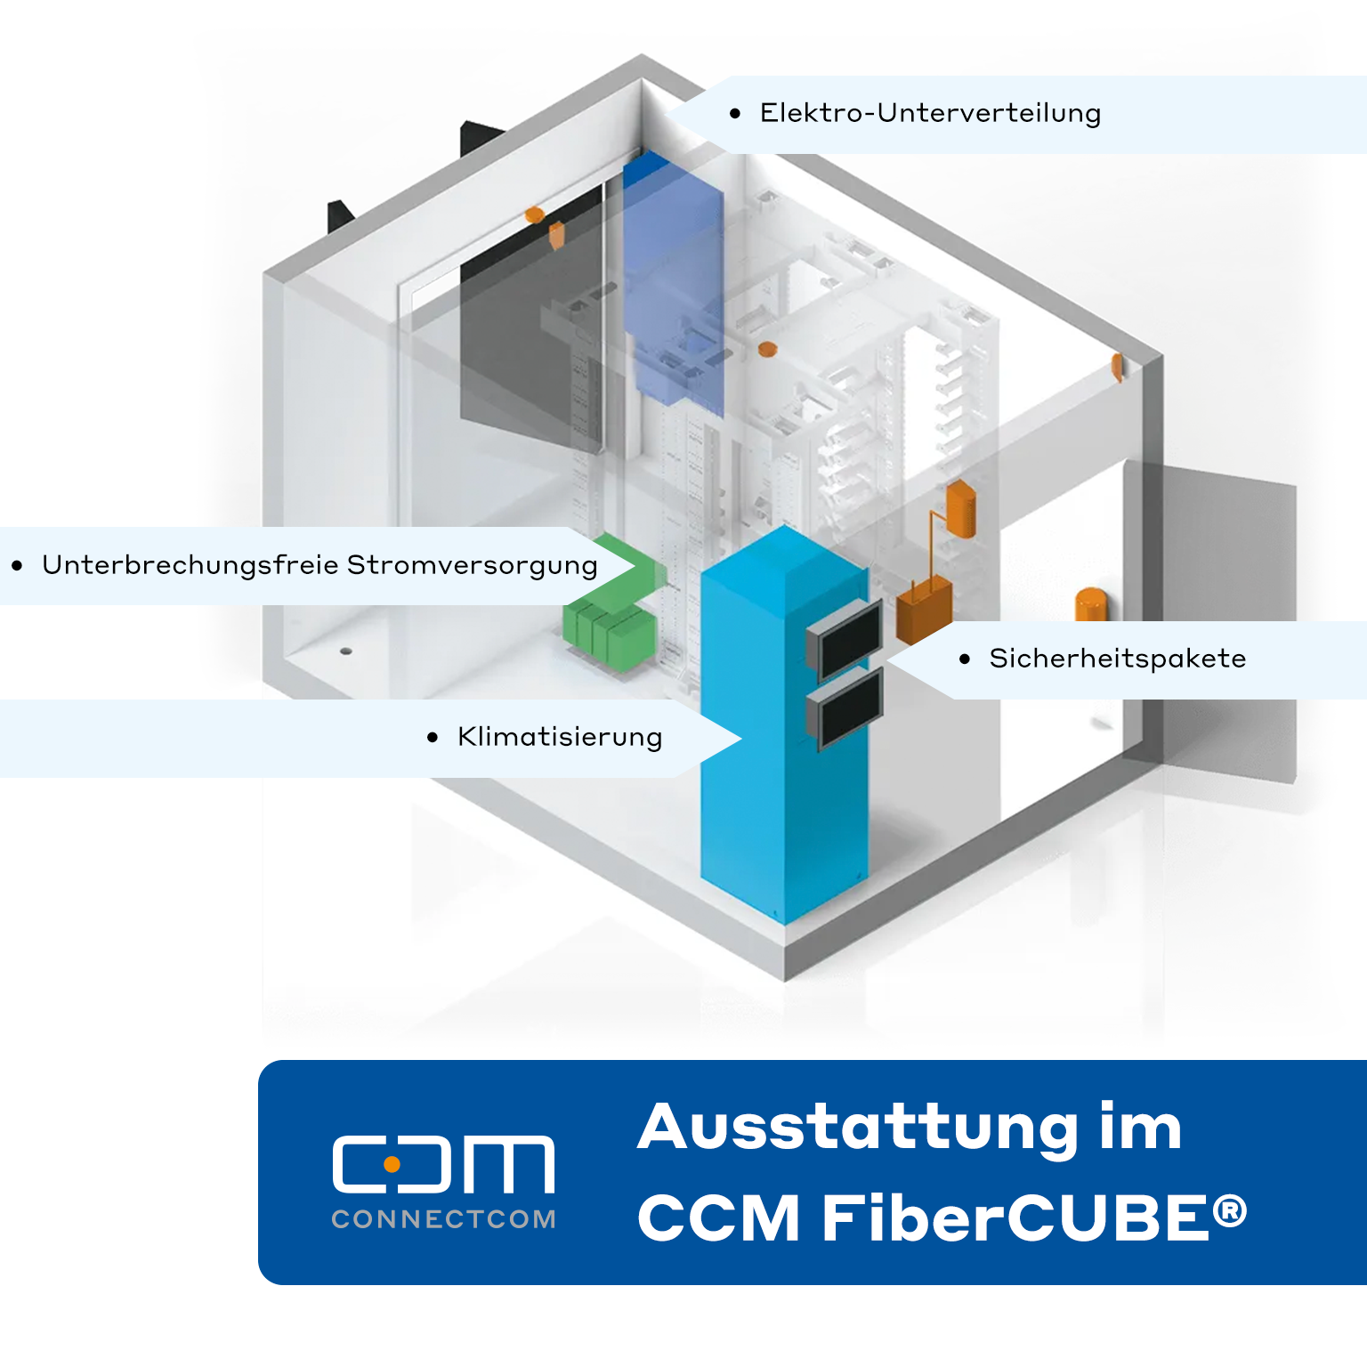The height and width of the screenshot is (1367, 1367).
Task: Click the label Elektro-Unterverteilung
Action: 930,113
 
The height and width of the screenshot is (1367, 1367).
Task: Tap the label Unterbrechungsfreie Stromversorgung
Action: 320,565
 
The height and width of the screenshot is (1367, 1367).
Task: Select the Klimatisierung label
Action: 560,737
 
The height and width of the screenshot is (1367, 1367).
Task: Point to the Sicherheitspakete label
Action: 1117,659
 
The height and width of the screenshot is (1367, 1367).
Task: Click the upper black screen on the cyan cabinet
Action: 845,637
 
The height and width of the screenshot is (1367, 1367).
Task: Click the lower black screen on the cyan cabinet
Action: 845,708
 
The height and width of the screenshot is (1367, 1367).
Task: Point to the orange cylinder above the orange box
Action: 961,508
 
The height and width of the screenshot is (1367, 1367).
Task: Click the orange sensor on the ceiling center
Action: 767,349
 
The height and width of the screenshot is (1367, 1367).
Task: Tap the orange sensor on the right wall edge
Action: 1117,367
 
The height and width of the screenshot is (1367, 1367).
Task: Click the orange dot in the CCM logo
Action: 392,1163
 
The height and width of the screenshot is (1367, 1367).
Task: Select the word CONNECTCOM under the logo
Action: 443,1219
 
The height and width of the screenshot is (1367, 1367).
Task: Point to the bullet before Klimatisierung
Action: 433,737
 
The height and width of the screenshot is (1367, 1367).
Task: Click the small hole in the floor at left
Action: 346,651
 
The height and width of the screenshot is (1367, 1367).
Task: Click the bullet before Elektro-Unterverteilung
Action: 735,113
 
